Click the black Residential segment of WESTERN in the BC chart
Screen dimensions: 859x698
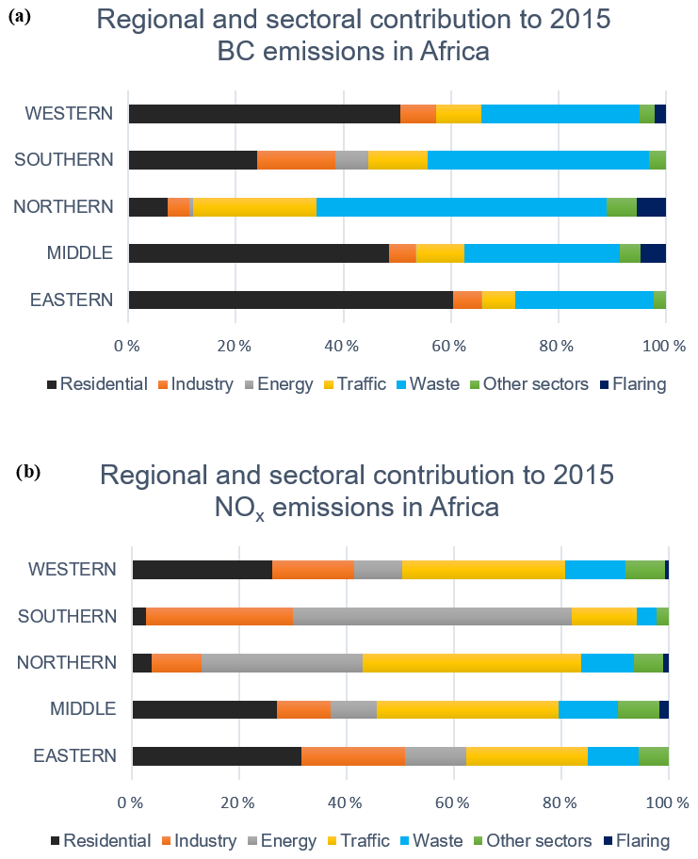(264, 114)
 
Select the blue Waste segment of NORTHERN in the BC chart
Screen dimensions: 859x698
(461, 207)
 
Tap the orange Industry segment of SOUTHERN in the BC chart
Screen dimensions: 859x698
(296, 160)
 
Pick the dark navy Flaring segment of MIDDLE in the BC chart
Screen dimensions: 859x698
(653, 253)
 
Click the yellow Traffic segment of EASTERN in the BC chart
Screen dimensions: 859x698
(498, 300)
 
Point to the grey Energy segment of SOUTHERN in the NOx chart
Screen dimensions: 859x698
(432, 617)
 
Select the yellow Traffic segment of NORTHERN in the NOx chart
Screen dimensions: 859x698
(472, 663)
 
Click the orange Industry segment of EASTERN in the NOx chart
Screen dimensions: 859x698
(353, 755)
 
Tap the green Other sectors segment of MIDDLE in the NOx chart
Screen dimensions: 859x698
(638, 709)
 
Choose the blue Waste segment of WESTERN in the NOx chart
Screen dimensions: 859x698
(595, 570)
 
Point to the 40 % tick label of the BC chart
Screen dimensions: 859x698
(342, 346)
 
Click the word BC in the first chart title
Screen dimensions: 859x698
(239, 51)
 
